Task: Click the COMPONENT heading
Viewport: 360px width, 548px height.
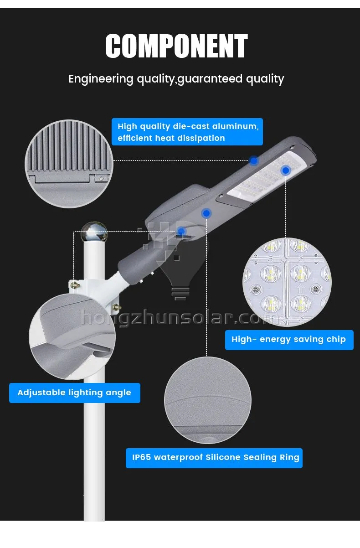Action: (x=176, y=46)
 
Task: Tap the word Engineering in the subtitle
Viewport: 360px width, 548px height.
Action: (x=101, y=79)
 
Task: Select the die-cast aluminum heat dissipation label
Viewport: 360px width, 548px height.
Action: (x=187, y=132)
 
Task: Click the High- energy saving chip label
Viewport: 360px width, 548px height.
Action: (x=289, y=340)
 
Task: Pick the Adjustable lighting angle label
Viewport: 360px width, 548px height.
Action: (x=75, y=393)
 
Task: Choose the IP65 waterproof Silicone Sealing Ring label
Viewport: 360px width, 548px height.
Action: (x=214, y=458)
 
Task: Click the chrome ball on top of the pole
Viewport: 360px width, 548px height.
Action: (x=94, y=232)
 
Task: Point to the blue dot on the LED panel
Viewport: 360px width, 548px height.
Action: (x=286, y=171)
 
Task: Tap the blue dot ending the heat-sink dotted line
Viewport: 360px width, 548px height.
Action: (x=254, y=161)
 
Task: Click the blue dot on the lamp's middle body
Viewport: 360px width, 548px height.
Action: (x=206, y=213)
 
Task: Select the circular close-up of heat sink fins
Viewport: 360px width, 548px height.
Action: (x=69, y=164)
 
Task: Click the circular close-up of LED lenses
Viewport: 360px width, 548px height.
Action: (x=287, y=282)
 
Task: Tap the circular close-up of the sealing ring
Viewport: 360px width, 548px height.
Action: (x=208, y=400)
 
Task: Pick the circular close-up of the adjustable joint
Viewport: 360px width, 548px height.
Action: (x=72, y=337)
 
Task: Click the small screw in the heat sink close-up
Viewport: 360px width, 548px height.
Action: (x=101, y=179)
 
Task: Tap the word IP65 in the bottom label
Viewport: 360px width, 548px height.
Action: (x=141, y=457)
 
